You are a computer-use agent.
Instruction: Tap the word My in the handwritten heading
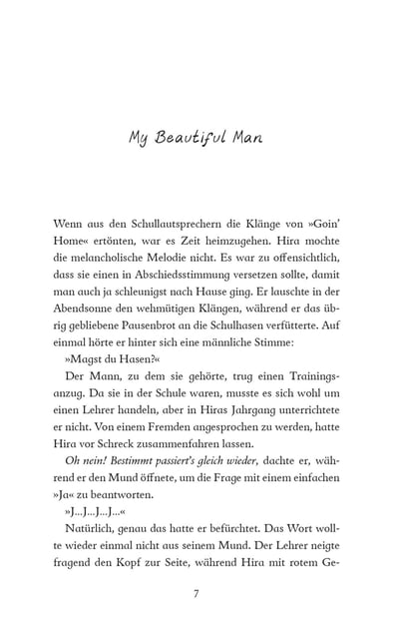[x=139, y=138]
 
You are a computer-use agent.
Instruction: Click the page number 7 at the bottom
[x=199, y=595]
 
